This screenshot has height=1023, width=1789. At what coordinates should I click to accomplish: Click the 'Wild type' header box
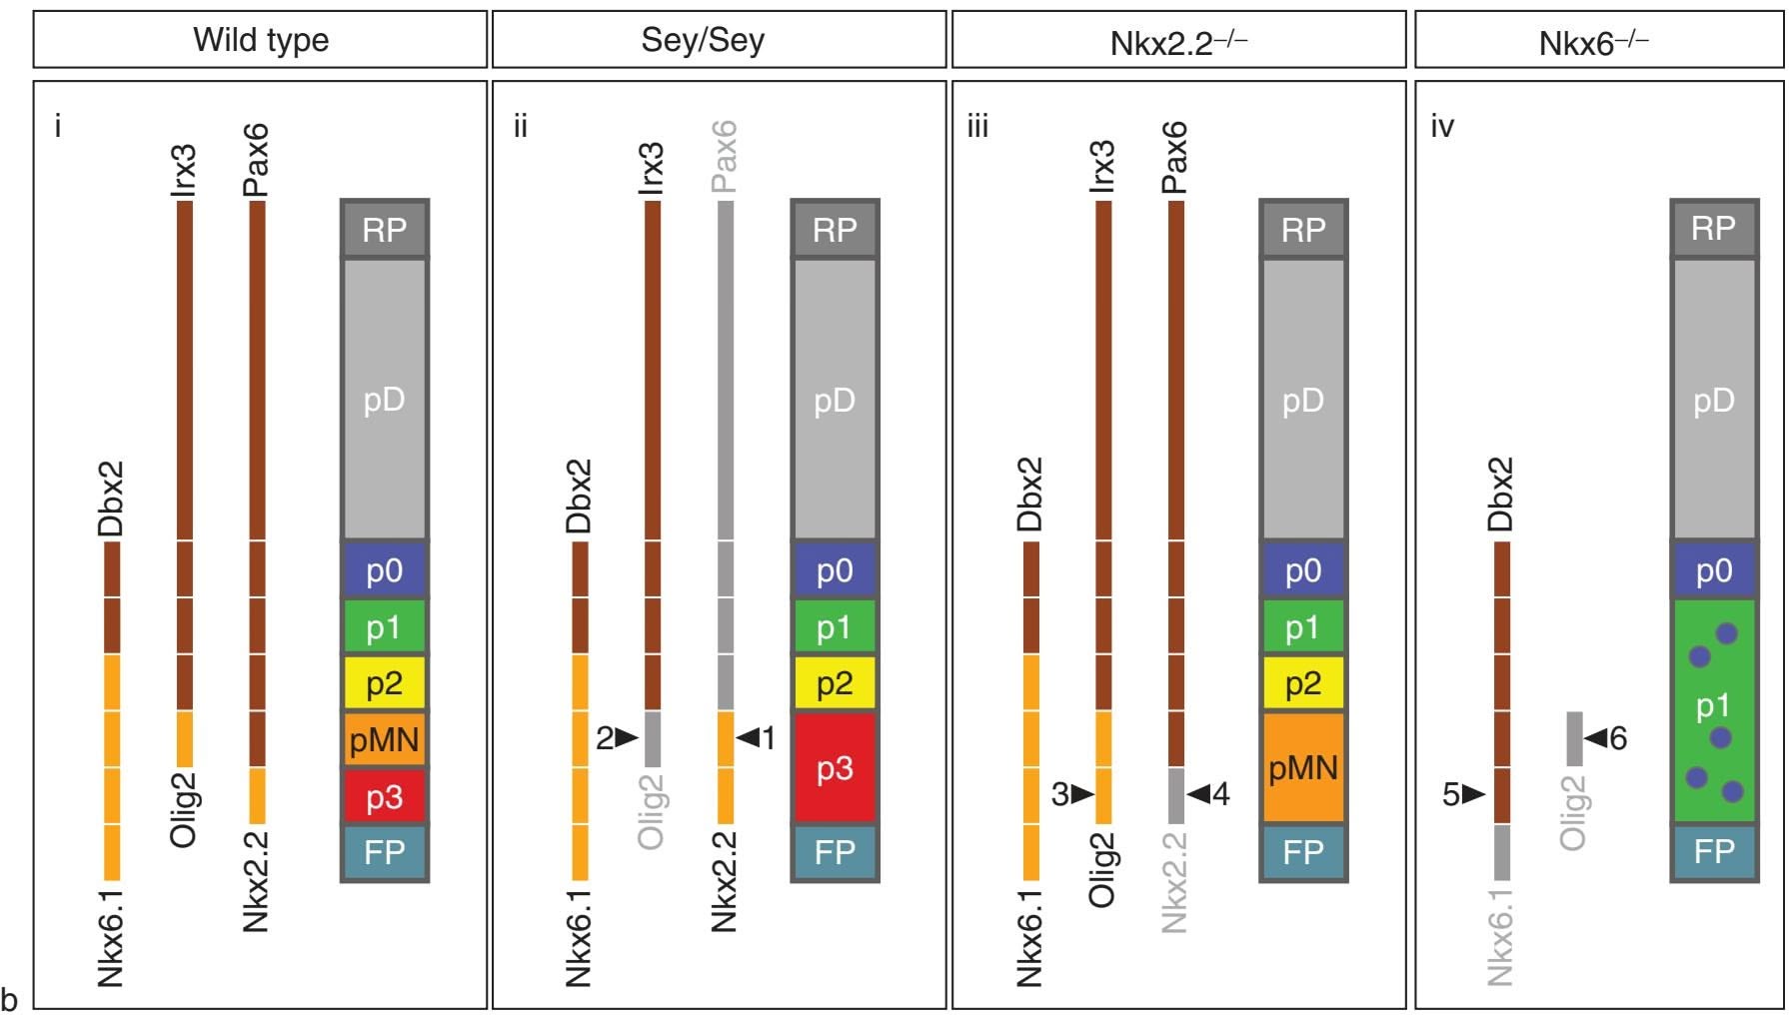tap(260, 40)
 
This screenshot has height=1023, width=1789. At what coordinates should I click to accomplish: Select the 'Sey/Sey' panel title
tap(703, 40)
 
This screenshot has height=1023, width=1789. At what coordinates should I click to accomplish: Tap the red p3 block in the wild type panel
tap(385, 796)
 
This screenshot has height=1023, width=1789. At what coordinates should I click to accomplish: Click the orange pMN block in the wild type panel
tap(385, 740)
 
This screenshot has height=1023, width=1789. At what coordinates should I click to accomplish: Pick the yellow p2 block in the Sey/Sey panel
tap(835, 683)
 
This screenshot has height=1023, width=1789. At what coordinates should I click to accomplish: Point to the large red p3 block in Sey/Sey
tap(835, 767)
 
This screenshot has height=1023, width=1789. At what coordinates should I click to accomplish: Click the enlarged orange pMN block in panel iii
tap(1303, 767)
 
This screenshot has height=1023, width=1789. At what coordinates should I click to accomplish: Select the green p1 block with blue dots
tap(1713, 709)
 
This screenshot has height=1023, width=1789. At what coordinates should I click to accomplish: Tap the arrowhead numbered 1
tap(749, 738)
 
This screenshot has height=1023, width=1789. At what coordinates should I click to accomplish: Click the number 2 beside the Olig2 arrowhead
tap(605, 738)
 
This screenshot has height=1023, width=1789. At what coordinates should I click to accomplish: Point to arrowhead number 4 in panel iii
tap(1199, 794)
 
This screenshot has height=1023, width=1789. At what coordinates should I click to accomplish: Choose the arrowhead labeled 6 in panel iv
tap(1596, 738)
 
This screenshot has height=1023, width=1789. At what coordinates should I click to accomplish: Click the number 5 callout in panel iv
tap(1451, 794)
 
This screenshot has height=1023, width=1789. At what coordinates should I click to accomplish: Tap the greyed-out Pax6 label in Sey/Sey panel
tap(725, 157)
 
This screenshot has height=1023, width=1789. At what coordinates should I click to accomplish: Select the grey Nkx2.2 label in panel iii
tap(1175, 882)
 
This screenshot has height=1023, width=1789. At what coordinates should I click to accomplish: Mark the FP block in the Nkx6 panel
tap(1713, 851)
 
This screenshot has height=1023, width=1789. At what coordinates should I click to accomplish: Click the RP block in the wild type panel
tap(385, 230)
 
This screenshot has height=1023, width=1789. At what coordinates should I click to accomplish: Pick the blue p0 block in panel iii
tap(1303, 570)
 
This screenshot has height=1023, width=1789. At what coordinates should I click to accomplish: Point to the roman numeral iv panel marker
tap(1442, 127)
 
